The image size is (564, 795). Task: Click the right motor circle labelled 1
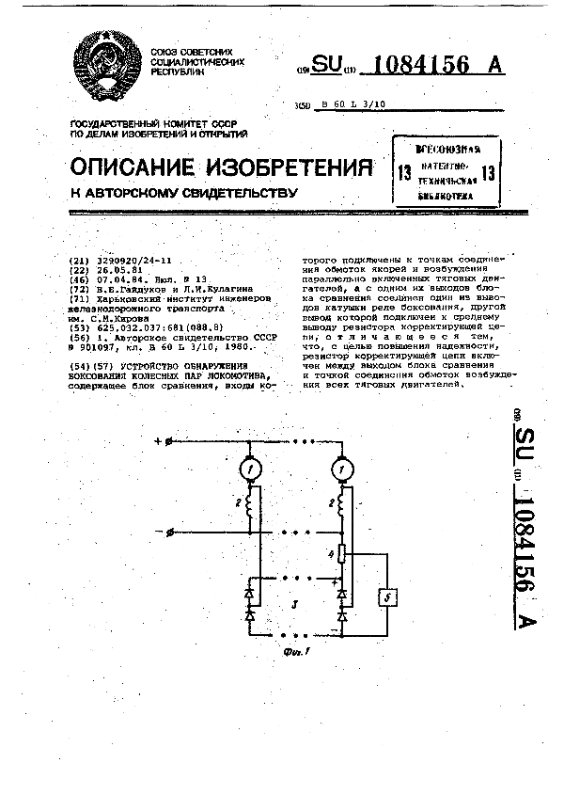click(342, 469)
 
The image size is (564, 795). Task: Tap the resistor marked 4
click(342, 555)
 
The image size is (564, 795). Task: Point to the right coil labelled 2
click(343, 507)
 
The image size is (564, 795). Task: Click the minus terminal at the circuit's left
click(170, 533)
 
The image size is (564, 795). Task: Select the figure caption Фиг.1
click(293, 650)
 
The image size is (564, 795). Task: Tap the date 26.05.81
click(110, 269)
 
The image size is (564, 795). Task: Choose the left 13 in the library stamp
click(404, 172)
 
